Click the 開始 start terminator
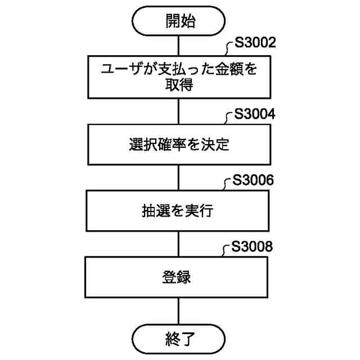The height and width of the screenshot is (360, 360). (179, 21)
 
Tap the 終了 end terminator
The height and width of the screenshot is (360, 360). (179, 339)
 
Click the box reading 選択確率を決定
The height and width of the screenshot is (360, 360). (179, 144)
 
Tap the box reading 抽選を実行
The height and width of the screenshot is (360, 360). (179, 211)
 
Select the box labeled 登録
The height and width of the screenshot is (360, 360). (179, 277)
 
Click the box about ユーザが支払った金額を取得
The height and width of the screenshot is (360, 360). (179, 77)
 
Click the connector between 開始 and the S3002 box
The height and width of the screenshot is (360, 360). (179, 44)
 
